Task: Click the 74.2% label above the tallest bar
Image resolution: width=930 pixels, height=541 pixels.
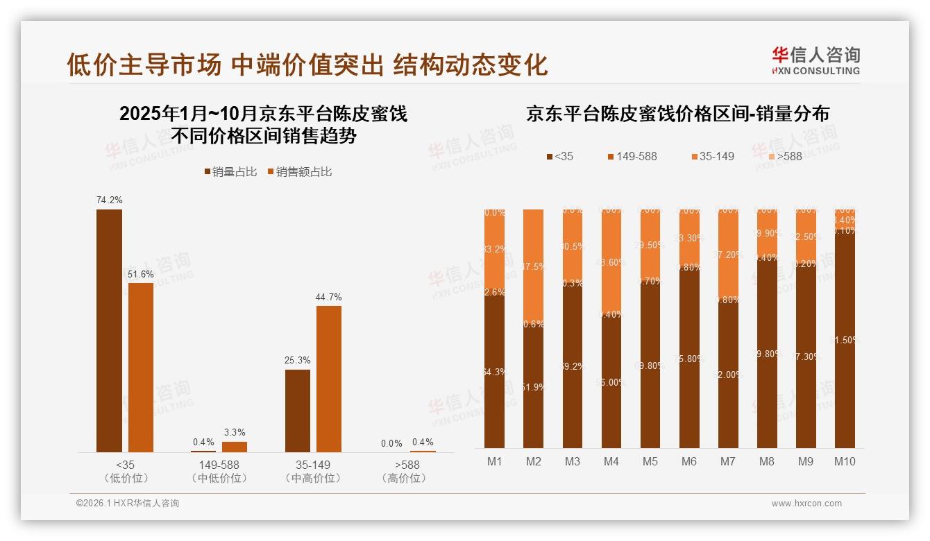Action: click(109, 200)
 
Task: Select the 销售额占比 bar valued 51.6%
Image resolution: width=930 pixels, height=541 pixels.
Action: click(141, 367)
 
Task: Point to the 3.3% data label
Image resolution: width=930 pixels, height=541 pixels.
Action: click(235, 432)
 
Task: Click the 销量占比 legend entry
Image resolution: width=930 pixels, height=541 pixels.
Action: click(230, 172)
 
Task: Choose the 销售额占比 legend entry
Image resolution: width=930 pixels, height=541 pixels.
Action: click(299, 172)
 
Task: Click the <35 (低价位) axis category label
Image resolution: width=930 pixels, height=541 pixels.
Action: click(125, 471)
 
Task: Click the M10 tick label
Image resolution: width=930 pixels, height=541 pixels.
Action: click(845, 462)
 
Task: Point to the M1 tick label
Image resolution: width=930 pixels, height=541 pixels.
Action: click(495, 462)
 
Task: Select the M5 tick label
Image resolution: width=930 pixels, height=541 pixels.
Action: click(650, 462)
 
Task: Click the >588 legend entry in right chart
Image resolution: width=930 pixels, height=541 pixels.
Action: click(784, 157)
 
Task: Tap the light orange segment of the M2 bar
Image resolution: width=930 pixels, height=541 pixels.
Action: click(534, 264)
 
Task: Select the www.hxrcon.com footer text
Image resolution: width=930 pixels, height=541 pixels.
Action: click(806, 504)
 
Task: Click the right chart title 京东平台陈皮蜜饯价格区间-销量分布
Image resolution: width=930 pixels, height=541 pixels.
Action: click(677, 114)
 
